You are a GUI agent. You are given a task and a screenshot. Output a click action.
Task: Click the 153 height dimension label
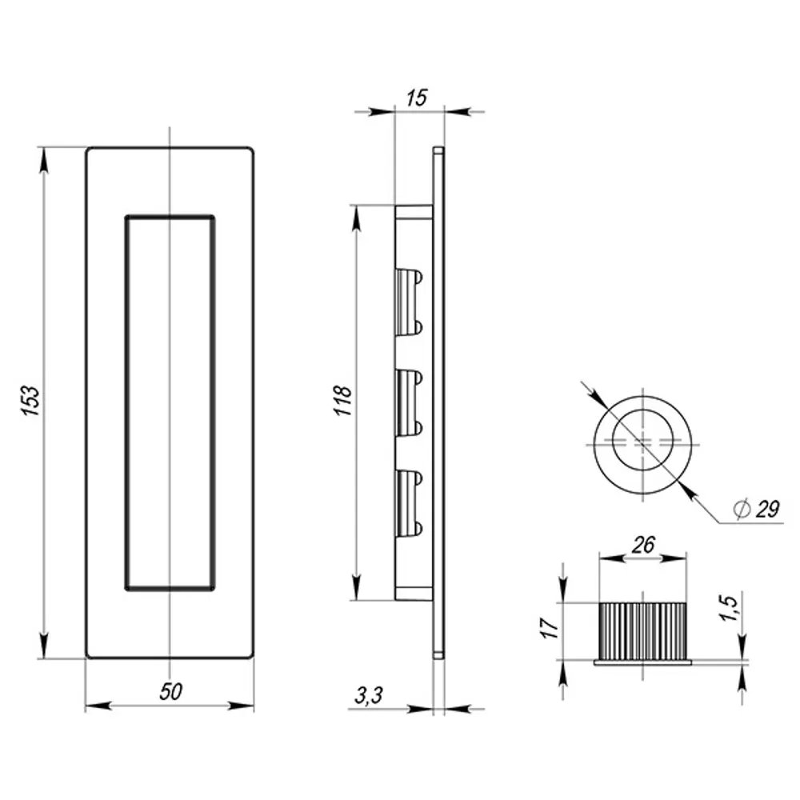[30, 402]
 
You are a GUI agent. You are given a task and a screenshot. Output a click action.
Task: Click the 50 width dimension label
[169, 693]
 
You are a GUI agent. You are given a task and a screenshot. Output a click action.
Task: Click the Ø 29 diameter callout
[756, 508]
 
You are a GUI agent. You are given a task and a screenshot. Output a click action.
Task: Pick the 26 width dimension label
[642, 546]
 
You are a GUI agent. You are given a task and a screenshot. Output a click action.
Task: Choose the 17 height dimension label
[548, 626]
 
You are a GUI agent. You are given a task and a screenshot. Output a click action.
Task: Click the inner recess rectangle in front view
[170, 402]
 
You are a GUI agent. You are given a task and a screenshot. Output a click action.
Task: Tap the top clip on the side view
[409, 302]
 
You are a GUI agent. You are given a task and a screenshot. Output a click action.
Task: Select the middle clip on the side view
[409, 402]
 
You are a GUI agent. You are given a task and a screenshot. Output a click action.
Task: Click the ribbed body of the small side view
[642, 630]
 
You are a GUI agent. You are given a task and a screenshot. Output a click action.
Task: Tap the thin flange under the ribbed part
[642, 661]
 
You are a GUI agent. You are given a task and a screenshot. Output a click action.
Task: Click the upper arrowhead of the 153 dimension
[43, 157]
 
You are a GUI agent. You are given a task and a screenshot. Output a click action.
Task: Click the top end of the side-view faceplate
[438, 150]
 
